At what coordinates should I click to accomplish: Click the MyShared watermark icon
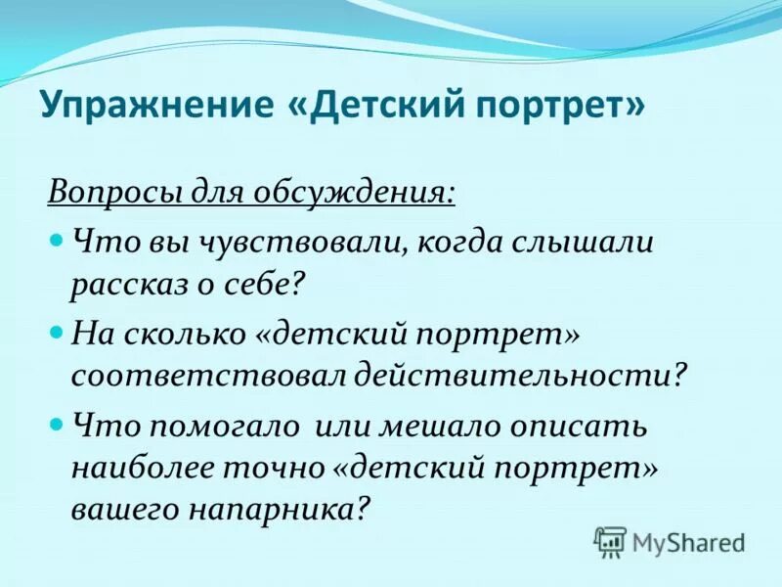(x=610, y=542)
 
